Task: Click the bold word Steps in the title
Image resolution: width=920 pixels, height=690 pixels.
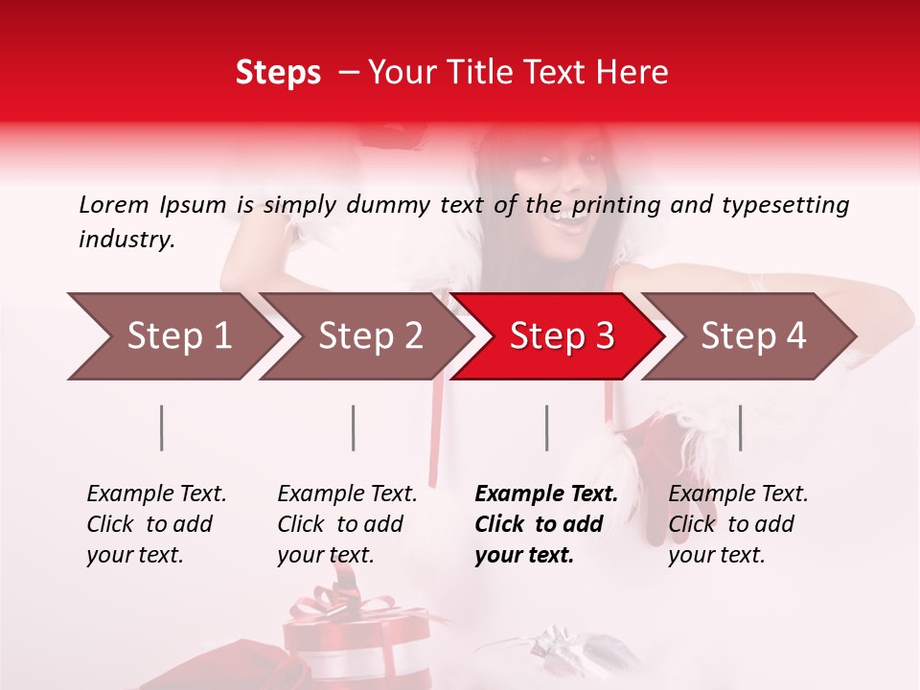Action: [x=278, y=73]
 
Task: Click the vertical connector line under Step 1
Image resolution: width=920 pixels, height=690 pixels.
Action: [x=162, y=427]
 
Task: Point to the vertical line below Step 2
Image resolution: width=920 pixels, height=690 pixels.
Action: [x=354, y=427]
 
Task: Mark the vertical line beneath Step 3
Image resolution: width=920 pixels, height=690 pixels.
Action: [x=546, y=427]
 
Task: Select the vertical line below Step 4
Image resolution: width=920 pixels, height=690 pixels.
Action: [x=740, y=427]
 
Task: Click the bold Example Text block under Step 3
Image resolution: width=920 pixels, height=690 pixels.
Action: [x=546, y=524]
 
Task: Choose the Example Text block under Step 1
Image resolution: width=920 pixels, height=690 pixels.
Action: [x=156, y=524]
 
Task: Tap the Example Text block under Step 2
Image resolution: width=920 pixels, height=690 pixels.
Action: [x=347, y=524]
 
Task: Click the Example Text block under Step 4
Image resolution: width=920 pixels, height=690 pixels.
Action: [x=738, y=524]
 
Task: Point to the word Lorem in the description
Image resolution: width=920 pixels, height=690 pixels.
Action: [x=113, y=204]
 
